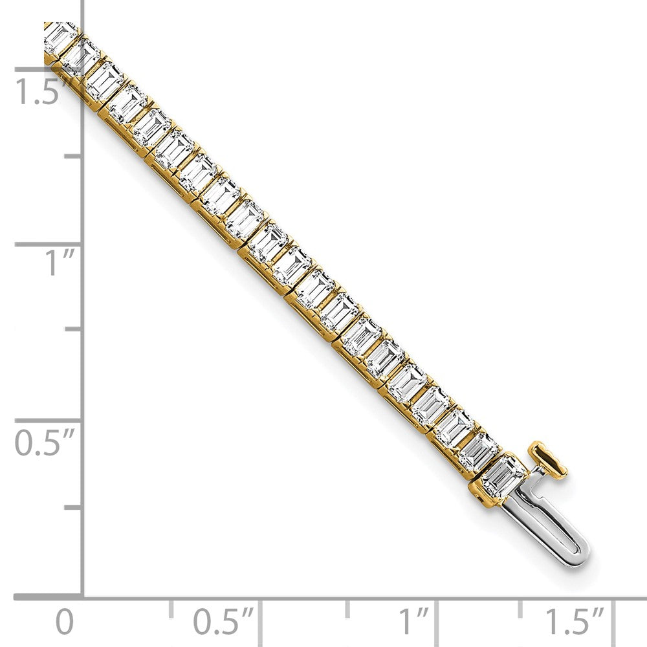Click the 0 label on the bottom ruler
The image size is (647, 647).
click(x=64, y=623)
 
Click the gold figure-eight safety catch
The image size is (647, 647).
click(x=548, y=459)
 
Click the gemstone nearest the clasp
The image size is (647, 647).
click(x=503, y=476)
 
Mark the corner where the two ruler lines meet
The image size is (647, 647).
click(x=83, y=597)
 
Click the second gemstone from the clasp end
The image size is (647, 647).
click(x=479, y=451)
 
